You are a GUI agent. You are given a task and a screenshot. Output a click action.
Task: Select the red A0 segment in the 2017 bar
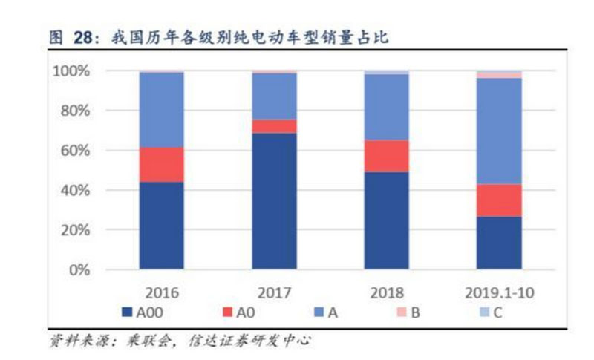pyautogui.click(x=274, y=126)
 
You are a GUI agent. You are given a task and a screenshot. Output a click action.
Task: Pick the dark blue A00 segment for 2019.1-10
pyautogui.click(x=498, y=243)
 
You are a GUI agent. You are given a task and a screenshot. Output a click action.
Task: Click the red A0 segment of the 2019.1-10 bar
pyautogui.click(x=498, y=200)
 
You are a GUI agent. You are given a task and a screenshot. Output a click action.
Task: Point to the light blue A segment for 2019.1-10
pyautogui.click(x=498, y=131)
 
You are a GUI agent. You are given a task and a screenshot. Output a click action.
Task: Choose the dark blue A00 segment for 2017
pyautogui.click(x=274, y=201)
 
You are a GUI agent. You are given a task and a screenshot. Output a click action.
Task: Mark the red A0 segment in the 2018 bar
pyautogui.click(x=386, y=156)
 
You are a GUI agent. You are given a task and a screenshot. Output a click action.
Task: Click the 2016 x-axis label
pyautogui.click(x=163, y=291)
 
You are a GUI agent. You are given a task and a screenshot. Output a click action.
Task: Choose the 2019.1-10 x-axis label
pyautogui.click(x=498, y=291)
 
